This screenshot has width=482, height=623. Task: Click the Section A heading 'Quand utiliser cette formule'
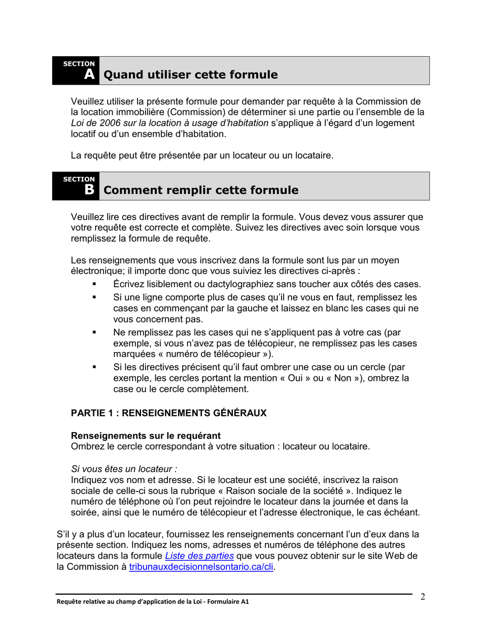(x=190, y=75)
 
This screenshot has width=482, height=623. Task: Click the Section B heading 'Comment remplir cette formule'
(x=200, y=190)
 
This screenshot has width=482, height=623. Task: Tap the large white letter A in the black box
(x=89, y=75)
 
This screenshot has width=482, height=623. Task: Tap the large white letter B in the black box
(x=89, y=190)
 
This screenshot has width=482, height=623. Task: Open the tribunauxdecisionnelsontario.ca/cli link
(x=201, y=567)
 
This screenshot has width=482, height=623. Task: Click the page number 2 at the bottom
(x=423, y=596)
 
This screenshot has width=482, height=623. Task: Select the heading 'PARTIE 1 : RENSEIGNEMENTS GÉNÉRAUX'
(x=168, y=413)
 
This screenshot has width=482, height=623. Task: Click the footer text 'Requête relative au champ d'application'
(x=152, y=602)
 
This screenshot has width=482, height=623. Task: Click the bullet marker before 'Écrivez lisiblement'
(x=94, y=285)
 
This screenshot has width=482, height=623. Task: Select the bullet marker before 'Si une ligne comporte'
(x=94, y=297)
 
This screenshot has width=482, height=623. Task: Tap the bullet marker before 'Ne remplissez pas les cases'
(x=94, y=333)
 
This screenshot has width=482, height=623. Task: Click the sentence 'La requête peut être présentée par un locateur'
(x=202, y=155)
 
